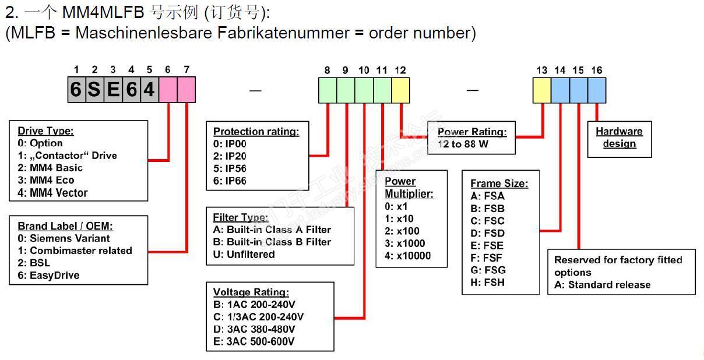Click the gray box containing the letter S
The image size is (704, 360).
[94, 90]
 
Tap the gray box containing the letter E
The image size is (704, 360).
[112, 90]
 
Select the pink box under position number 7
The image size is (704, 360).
[186, 90]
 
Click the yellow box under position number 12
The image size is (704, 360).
[400, 90]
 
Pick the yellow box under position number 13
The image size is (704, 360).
[542, 90]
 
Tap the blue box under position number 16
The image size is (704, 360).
[597, 90]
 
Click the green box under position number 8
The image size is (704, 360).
[328, 90]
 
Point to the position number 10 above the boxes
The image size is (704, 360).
[364, 70]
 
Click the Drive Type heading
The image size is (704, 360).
[45, 131]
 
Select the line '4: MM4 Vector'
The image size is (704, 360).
[52, 193]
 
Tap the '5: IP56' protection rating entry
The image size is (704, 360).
[230, 168]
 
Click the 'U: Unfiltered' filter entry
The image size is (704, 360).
[244, 254]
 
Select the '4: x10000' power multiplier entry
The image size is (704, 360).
[408, 256]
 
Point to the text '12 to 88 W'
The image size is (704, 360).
[463, 144]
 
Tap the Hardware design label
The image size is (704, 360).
[619, 137]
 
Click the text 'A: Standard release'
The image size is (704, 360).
[602, 285]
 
